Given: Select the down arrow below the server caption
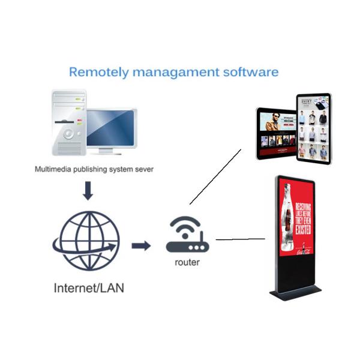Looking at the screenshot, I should click(88, 191).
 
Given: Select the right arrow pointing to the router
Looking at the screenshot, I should click(140, 245).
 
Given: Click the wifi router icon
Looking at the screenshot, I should click(185, 235).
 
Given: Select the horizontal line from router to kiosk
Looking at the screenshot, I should click(240, 239).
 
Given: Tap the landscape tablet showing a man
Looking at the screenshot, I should click(277, 133).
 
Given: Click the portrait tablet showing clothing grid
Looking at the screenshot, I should click(314, 128).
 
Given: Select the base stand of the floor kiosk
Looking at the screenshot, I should click(295, 294).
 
